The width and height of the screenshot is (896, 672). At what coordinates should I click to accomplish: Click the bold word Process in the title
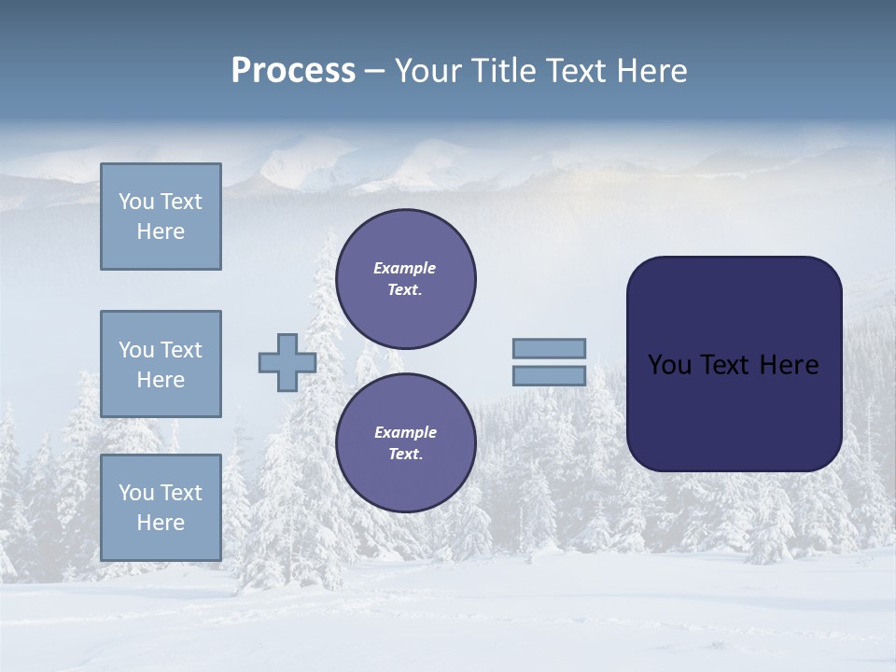(x=293, y=71)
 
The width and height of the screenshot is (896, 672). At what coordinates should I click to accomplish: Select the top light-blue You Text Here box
(x=161, y=217)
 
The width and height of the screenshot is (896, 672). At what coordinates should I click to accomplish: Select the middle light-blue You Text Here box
(x=161, y=364)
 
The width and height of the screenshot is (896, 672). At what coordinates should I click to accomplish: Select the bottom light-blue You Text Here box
(x=161, y=507)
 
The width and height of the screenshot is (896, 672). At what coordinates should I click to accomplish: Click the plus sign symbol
(x=287, y=362)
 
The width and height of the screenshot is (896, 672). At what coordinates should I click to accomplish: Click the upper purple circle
(x=405, y=279)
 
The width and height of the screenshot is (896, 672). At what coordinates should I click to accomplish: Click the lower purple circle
(x=405, y=443)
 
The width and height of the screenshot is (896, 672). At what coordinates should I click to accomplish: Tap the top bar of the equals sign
(x=549, y=348)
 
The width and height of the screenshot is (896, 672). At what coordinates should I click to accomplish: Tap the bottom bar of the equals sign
(x=549, y=375)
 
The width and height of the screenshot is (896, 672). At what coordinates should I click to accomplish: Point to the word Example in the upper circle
(x=404, y=268)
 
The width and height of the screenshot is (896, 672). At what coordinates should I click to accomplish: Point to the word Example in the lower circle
(x=405, y=432)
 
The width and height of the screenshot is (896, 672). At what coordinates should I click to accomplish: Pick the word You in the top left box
(x=136, y=202)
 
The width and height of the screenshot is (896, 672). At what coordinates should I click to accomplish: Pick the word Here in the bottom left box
(x=161, y=523)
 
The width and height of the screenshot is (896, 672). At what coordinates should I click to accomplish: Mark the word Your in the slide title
(x=427, y=71)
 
